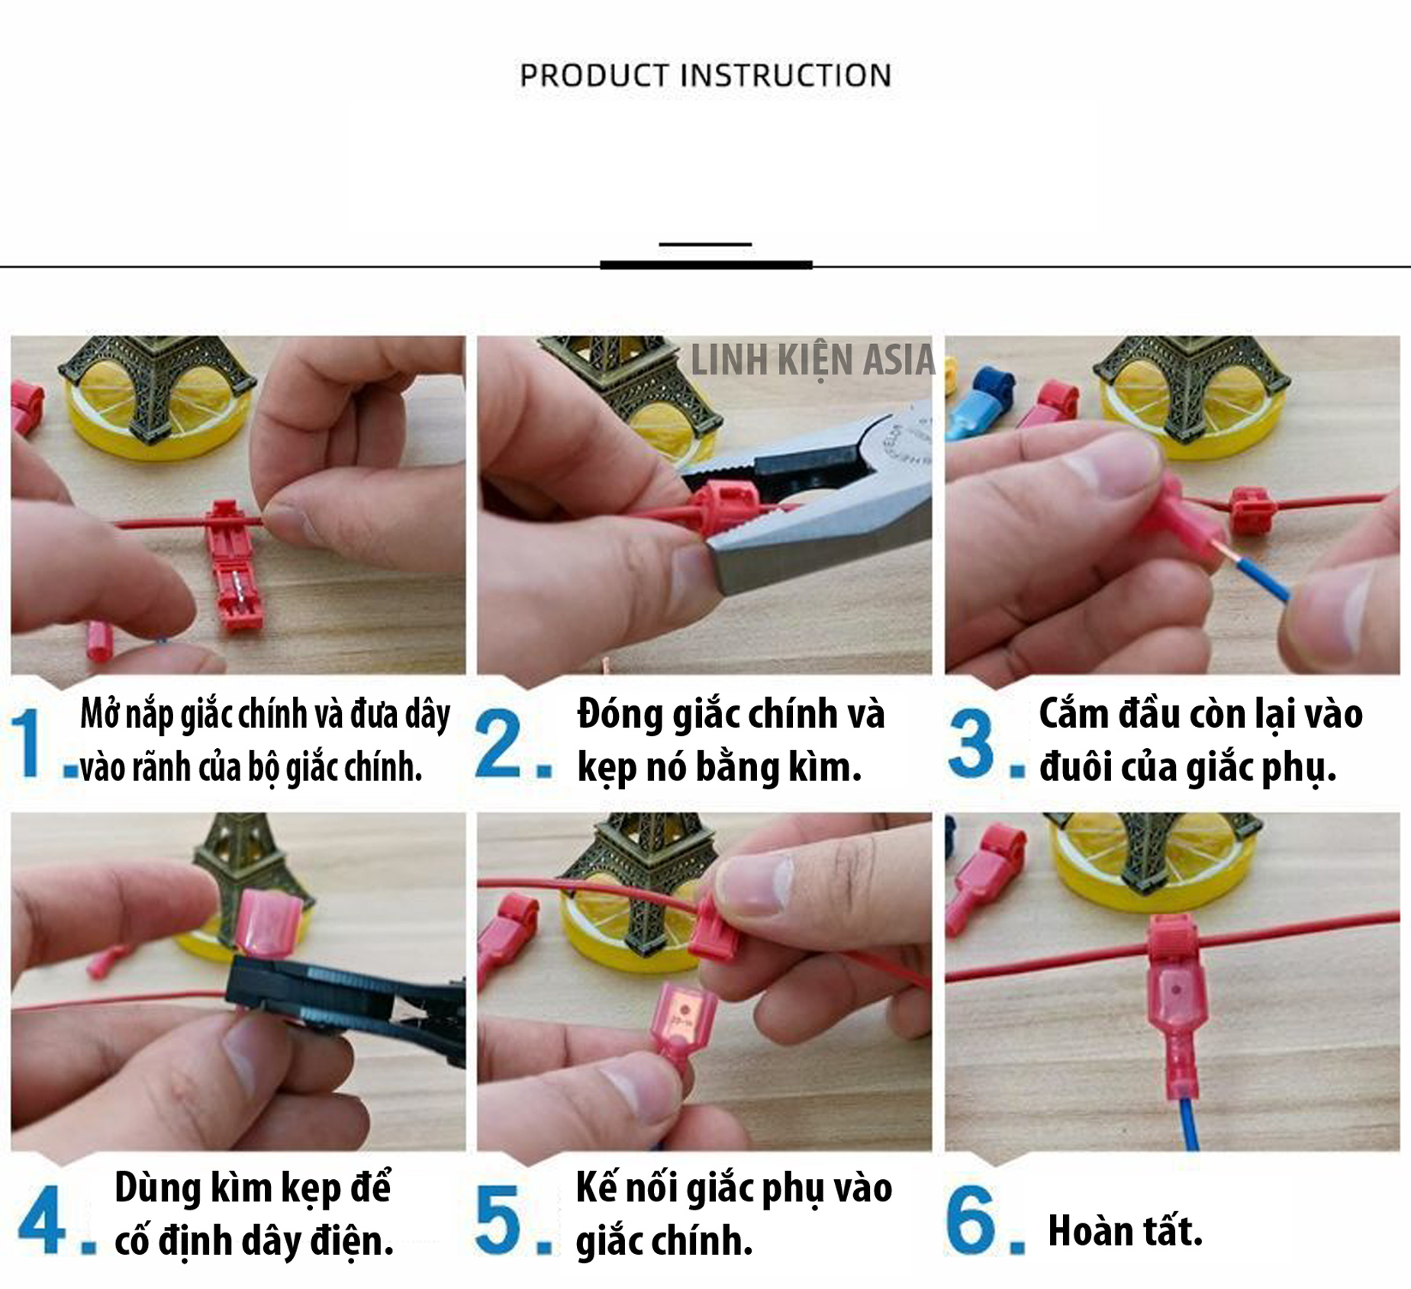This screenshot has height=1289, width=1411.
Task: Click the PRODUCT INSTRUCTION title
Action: [x=705, y=76]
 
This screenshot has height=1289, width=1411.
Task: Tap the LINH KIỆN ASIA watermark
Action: [x=812, y=361]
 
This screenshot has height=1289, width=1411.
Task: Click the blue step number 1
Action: [x=28, y=743]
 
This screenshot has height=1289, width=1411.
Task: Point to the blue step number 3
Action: [x=971, y=743]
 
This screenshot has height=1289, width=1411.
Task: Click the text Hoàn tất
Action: [x=1125, y=1231]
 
